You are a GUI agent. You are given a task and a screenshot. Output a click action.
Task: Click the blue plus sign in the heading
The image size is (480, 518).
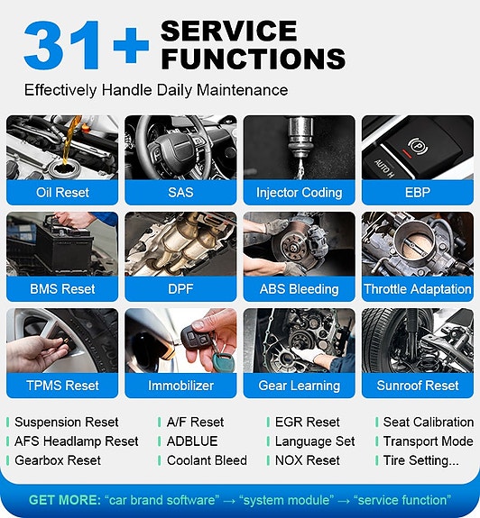131,45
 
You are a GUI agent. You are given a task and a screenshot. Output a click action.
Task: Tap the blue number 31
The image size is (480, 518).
62,45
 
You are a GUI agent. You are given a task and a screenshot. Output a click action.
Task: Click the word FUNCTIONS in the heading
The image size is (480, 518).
254,59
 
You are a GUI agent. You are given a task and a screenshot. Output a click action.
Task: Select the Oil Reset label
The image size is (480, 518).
62,192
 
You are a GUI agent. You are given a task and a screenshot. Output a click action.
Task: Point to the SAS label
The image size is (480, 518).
180,192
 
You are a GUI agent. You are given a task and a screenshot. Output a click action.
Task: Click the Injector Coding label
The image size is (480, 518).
299,193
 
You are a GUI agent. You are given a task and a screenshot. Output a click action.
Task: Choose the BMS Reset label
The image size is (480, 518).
62,289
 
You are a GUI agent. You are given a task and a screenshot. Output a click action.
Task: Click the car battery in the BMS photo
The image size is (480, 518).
64,247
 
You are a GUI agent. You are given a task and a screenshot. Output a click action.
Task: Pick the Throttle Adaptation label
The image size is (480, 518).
418,289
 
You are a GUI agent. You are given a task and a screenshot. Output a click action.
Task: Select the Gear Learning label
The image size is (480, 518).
299,386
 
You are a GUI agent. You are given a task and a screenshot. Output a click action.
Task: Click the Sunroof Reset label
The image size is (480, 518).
418,386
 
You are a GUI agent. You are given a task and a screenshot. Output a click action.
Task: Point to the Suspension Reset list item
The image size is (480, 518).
66,423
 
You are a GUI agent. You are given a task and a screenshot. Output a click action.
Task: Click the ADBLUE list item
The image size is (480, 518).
192,441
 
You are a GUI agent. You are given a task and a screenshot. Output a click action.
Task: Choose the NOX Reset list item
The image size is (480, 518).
308,460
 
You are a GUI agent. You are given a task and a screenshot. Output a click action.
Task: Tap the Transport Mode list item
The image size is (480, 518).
428,441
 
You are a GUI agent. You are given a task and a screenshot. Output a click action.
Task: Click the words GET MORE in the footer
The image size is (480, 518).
65,500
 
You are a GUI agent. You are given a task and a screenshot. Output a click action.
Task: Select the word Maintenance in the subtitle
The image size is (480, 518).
242,90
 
